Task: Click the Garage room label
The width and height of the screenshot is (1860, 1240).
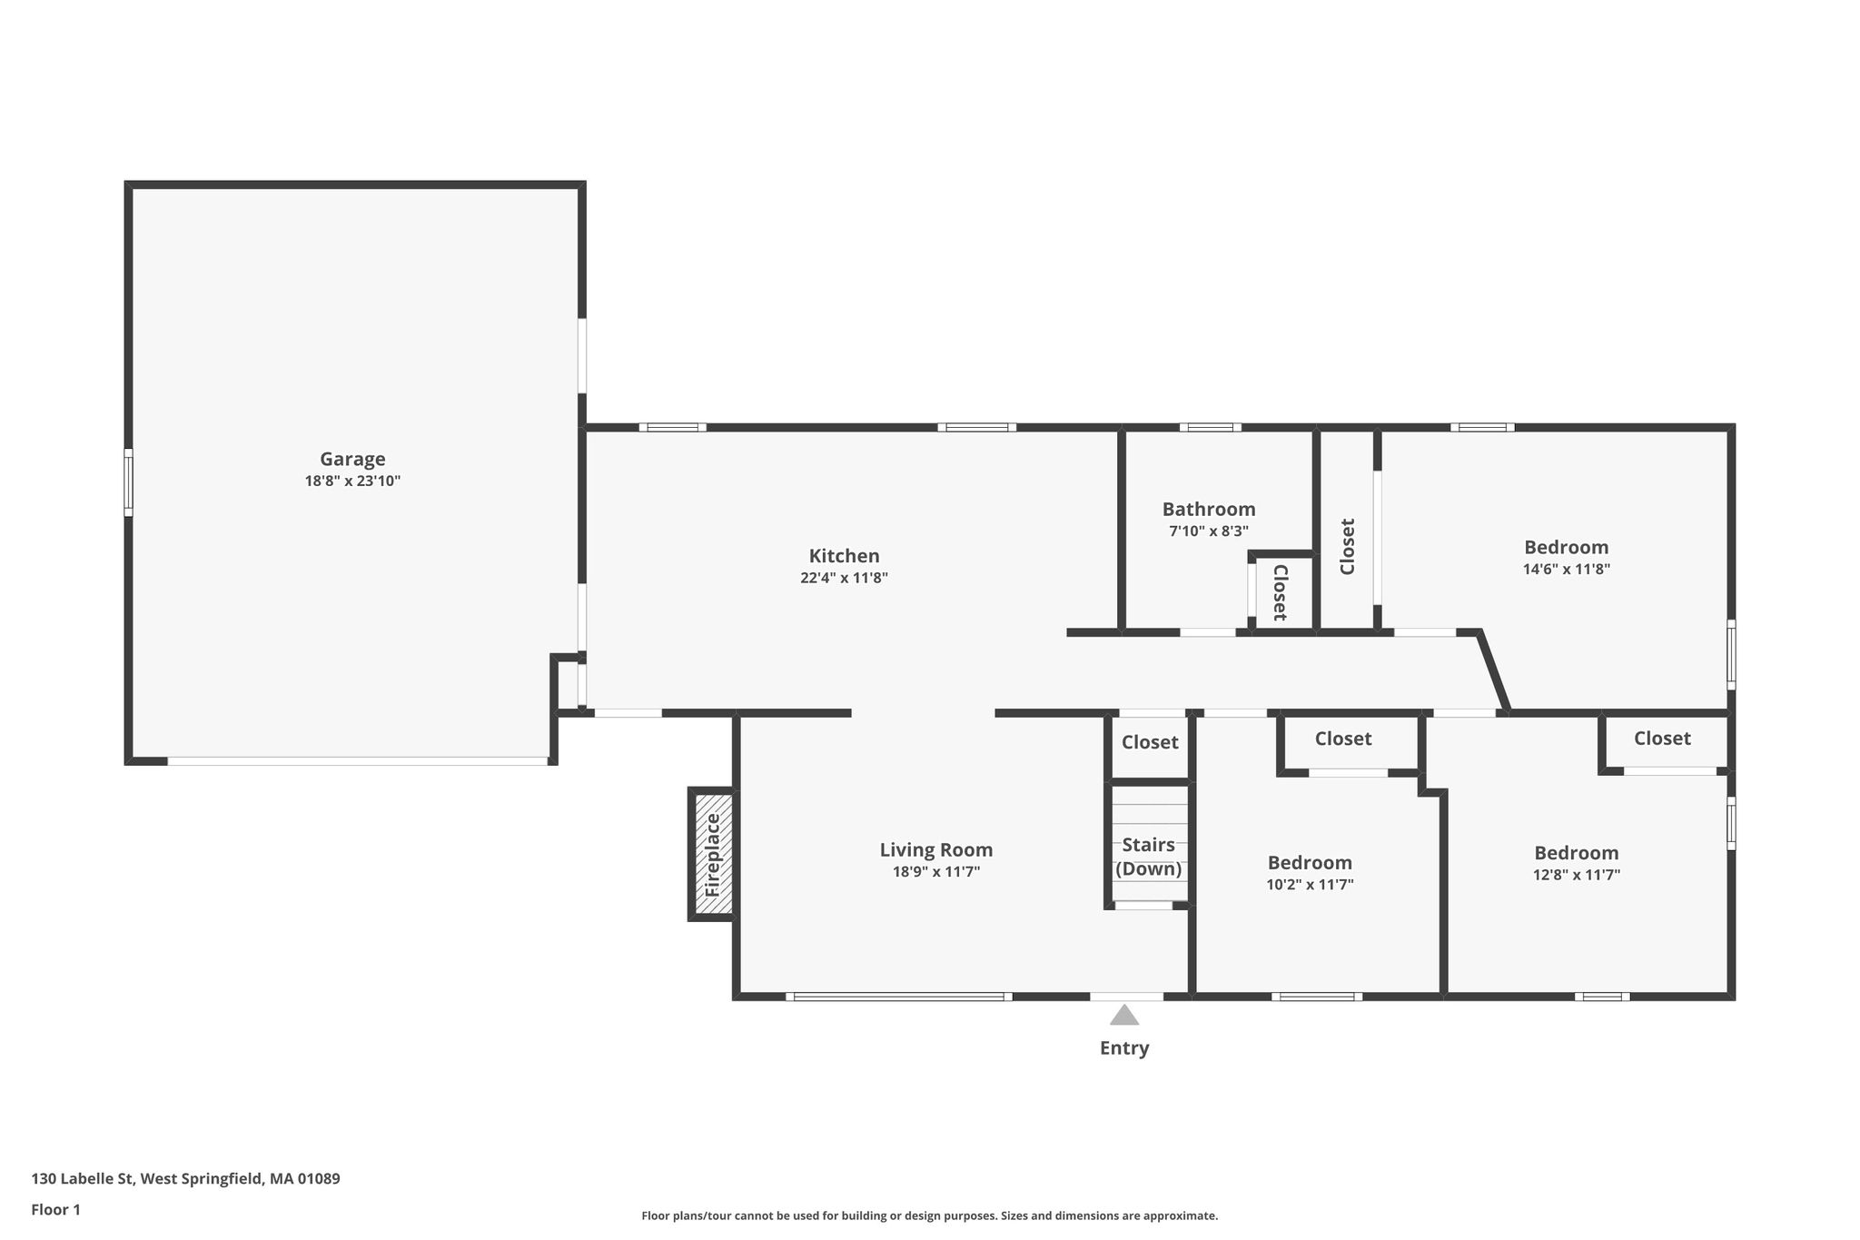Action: [x=352, y=460]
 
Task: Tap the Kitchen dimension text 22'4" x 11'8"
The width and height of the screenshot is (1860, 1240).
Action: [x=844, y=578]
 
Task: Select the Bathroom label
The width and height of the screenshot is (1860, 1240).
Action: [x=1209, y=510]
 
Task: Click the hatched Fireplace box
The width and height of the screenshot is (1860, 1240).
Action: [x=713, y=855]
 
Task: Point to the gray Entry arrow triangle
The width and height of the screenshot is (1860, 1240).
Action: [x=1124, y=1015]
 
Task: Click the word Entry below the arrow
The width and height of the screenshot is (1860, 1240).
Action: [x=1124, y=1048]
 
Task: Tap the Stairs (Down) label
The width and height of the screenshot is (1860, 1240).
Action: [x=1149, y=857]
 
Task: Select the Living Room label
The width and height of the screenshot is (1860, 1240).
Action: [x=936, y=850]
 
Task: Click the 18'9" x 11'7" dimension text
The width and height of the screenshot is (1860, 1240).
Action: [x=936, y=872]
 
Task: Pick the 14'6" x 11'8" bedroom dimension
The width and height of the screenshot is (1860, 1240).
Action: [x=1567, y=570]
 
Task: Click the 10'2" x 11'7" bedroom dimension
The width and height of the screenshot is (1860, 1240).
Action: [x=1310, y=885]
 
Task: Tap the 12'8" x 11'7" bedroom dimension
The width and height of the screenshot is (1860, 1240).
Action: [x=1577, y=875]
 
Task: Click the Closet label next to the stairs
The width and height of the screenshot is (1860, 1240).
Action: [x=1150, y=742]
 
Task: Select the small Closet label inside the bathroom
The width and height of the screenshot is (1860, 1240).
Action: [x=1281, y=592]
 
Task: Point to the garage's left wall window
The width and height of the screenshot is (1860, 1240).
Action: [x=128, y=482]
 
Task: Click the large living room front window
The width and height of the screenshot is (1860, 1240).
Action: [x=899, y=997]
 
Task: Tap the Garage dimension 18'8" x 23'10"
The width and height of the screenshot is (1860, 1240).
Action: [x=352, y=481]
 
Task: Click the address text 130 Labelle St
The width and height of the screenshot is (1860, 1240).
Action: [x=83, y=1179]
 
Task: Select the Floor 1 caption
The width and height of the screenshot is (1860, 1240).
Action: [x=55, y=1210]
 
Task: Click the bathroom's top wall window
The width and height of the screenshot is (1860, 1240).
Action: [x=1211, y=427]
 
